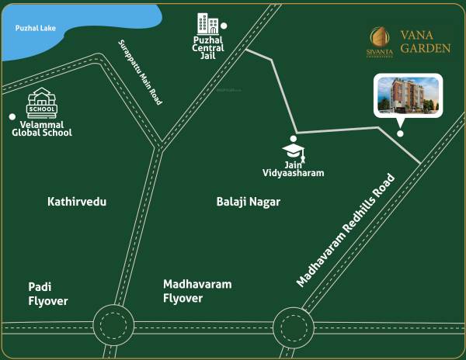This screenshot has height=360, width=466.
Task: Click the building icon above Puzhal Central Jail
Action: [207, 23]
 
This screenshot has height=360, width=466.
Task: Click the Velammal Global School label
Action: [42, 128]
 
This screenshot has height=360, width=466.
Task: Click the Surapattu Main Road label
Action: [140, 72]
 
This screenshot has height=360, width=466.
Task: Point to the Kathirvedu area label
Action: [77, 202]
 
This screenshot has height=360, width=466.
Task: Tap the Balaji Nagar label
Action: [248, 202]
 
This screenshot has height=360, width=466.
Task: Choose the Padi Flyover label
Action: [48, 294]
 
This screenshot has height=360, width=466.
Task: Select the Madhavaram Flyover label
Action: [197, 291]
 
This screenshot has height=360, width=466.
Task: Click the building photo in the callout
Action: [408, 95]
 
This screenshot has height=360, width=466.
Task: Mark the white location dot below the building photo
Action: [400, 133]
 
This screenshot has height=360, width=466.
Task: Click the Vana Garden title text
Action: [426, 41]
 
